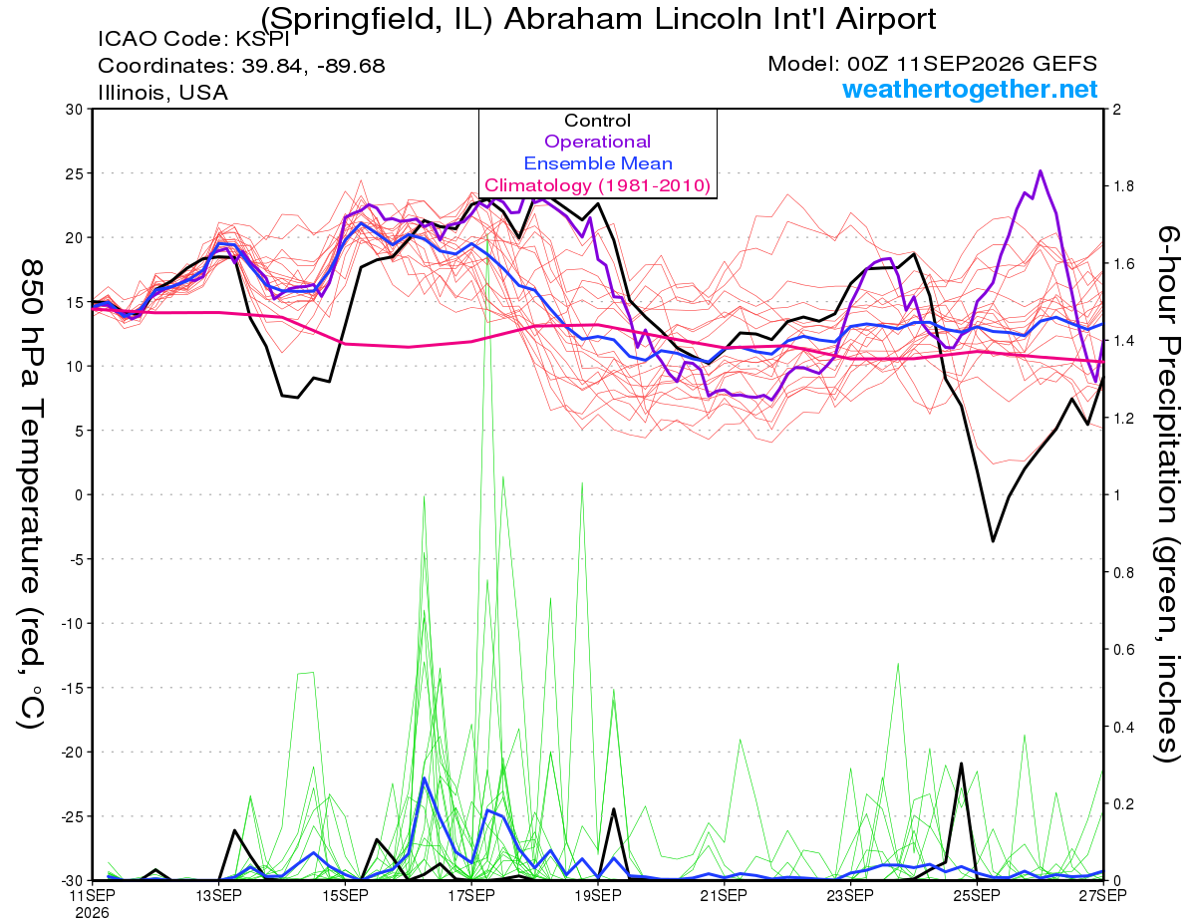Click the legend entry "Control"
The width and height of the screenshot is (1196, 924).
[597, 121]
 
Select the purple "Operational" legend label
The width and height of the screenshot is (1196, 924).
[597, 142]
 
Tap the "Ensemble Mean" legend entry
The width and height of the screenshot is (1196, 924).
[598, 163]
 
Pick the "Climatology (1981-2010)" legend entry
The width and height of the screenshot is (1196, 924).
[598, 185]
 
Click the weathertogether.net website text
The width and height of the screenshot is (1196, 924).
[970, 90]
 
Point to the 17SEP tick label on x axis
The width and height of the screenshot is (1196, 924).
[471, 895]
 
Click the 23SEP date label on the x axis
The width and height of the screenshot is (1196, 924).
[850, 895]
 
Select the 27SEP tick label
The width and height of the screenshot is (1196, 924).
[1103, 895]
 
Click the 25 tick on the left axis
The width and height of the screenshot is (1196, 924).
[75, 173]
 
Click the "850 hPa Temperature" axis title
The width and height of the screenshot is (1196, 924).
[31, 427]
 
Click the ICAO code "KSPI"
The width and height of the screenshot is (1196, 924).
[262, 39]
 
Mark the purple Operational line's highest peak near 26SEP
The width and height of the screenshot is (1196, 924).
[1041, 171]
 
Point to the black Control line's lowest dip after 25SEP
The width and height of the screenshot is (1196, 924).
[993, 541]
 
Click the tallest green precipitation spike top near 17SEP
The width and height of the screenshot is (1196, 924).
[487, 233]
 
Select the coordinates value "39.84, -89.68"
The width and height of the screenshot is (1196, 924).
[313, 66]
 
